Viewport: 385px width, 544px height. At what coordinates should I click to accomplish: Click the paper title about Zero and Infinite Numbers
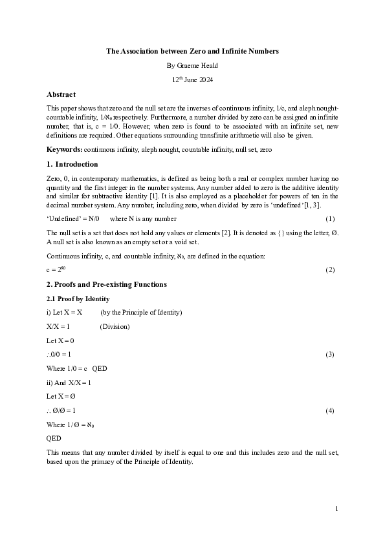(x=192, y=50)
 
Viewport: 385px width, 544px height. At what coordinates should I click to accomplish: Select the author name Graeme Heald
(x=192, y=65)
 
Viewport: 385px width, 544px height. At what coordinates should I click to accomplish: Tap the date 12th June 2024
(x=192, y=79)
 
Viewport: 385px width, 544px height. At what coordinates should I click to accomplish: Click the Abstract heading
(x=61, y=94)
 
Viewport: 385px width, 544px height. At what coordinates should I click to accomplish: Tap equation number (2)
(x=330, y=269)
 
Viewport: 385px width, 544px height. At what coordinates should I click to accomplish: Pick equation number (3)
(x=330, y=354)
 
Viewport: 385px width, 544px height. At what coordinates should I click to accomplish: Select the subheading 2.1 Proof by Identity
(x=78, y=298)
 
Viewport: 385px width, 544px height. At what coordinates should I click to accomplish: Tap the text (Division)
(x=115, y=326)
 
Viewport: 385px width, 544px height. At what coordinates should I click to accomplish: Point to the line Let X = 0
(x=60, y=340)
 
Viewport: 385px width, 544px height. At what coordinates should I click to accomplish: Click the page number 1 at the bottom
(x=336, y=510)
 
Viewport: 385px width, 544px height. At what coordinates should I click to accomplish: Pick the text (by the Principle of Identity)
(x=141, y=312)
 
